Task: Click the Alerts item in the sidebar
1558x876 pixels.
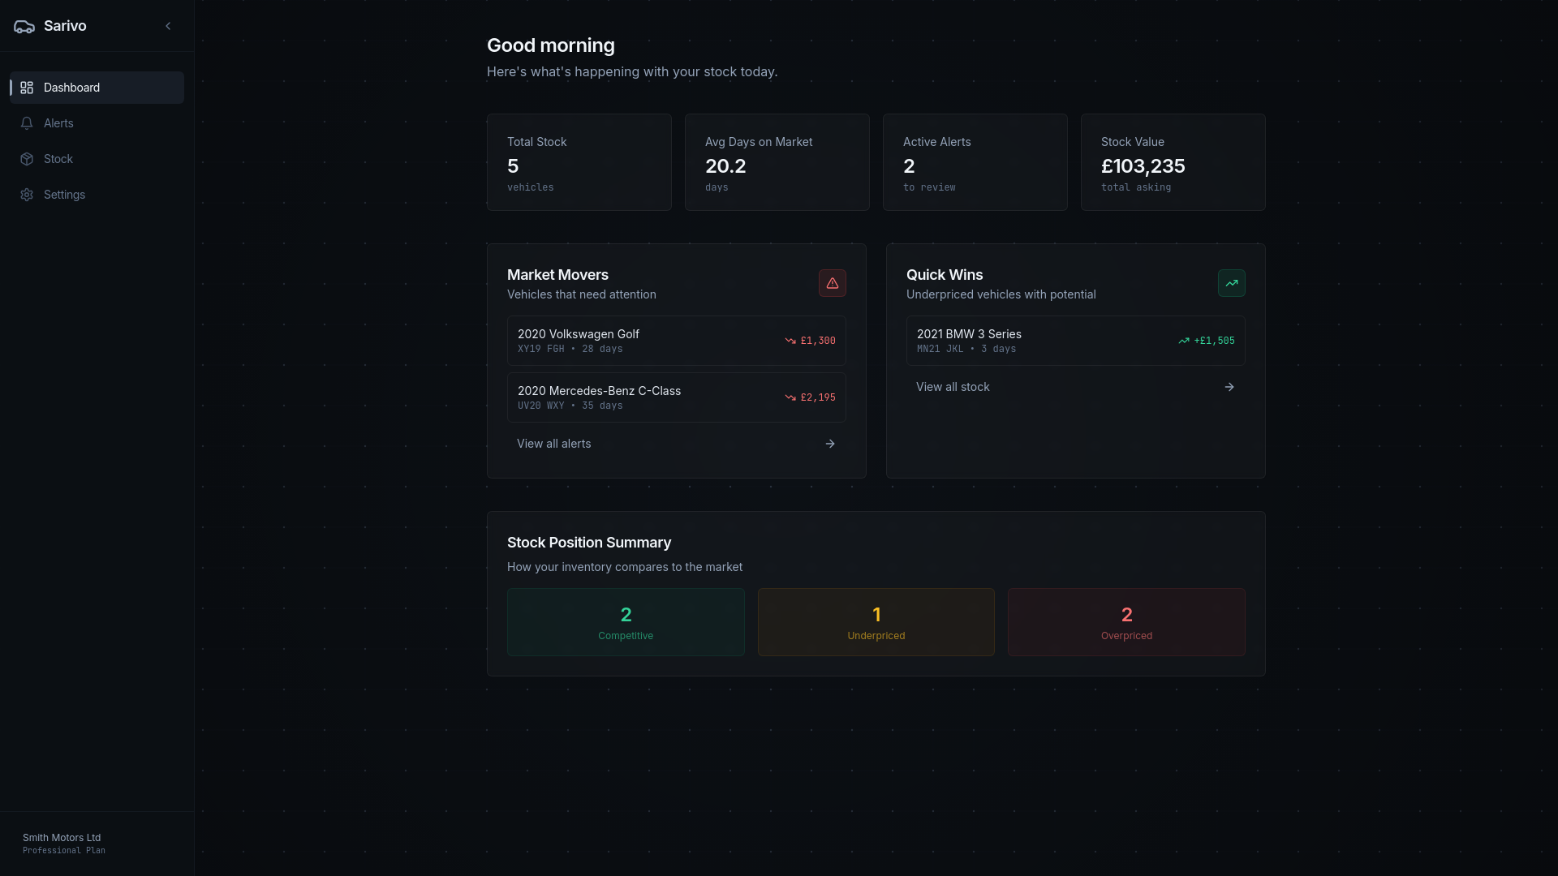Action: coord(58,123)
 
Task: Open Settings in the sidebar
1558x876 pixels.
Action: coord(64,195)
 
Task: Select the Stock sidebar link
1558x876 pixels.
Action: coord(58,159)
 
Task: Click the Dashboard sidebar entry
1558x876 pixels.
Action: coord(71,88)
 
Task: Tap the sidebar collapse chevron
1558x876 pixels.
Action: coord(168,26)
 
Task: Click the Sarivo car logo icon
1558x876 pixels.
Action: coord(24,27)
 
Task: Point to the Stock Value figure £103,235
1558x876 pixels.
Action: coord(1143,166)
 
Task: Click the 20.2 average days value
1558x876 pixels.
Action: coord(725,166)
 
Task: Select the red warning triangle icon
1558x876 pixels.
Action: coord(832,283)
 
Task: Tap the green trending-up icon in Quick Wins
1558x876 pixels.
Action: coord(1231,283)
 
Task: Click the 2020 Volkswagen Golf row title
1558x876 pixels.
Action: coord(578,334)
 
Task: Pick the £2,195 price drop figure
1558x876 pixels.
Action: coord(817,397)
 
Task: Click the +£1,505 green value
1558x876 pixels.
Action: coord(1214,341)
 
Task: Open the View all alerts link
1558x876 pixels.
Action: coord(554,444)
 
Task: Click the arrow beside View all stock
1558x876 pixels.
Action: coord(1229,387)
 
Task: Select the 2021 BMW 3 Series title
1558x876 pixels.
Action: coord(968,334)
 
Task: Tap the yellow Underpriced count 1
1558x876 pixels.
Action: coord(876,615)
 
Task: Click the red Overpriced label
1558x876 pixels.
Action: coord(1125,636)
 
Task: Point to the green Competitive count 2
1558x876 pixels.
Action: coord(626,615)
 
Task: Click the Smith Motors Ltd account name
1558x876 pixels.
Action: coord(62,838)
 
